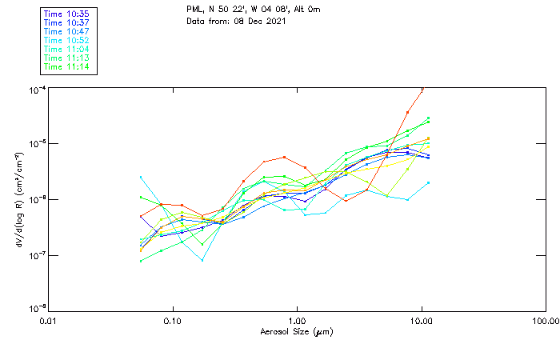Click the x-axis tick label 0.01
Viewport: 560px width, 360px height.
pyautogui.click(x=48, y=320)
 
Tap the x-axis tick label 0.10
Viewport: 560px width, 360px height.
pyautogui.click(x=173, y=320)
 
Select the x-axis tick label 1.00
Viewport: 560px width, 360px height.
pyautogui.click(x=298, y=320)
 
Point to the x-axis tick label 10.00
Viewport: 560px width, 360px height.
pyautogui.click(x=422, y=320)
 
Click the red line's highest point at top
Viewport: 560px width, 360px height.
pyautogui.click(x=422, y=89)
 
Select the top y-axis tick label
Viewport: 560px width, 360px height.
pyautogui.click(x=36, y=90)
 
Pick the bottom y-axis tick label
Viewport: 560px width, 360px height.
pyautogui.click(x=36, y=309)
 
